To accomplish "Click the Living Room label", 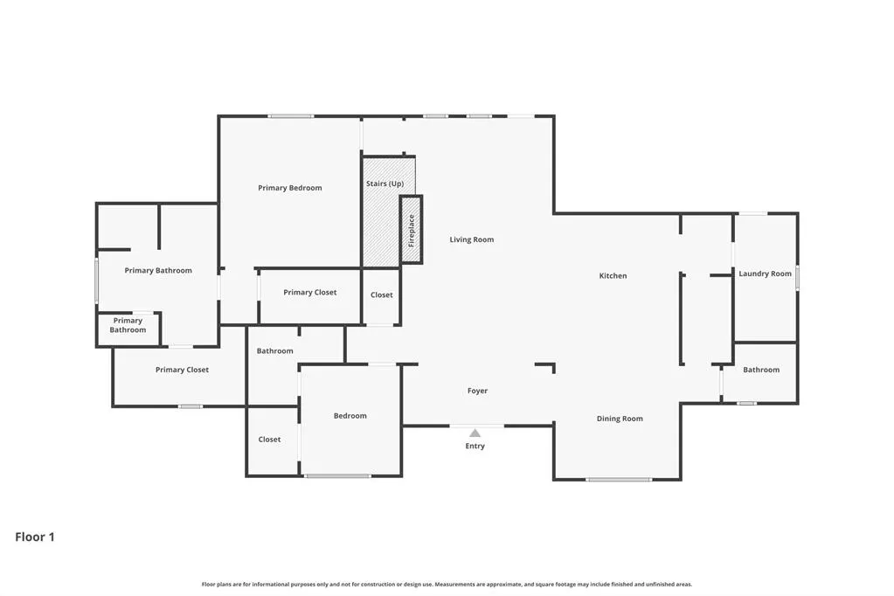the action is tap(472, 239).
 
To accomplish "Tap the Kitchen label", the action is tap(613, 275).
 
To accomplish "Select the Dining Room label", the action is tap(620, 419).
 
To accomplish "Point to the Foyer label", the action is tap(477, 391).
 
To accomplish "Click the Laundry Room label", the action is tap(766, 274).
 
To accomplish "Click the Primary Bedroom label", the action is tap(289, 188).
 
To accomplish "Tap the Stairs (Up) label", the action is tap(385, 184).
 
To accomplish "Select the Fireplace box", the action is tap(411, 230).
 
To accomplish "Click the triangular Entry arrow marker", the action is tap(475, 433).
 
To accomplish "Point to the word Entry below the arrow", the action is tap(475, 446).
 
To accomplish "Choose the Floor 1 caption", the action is tap(35, 537).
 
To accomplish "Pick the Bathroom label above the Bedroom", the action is tap(274, 350).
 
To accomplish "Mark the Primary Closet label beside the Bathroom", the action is tap(182, 370).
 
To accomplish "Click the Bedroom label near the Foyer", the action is tap(350, 416).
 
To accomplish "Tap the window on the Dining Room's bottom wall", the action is tap(619, 480).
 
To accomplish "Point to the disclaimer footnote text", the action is tap(447, 584).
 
